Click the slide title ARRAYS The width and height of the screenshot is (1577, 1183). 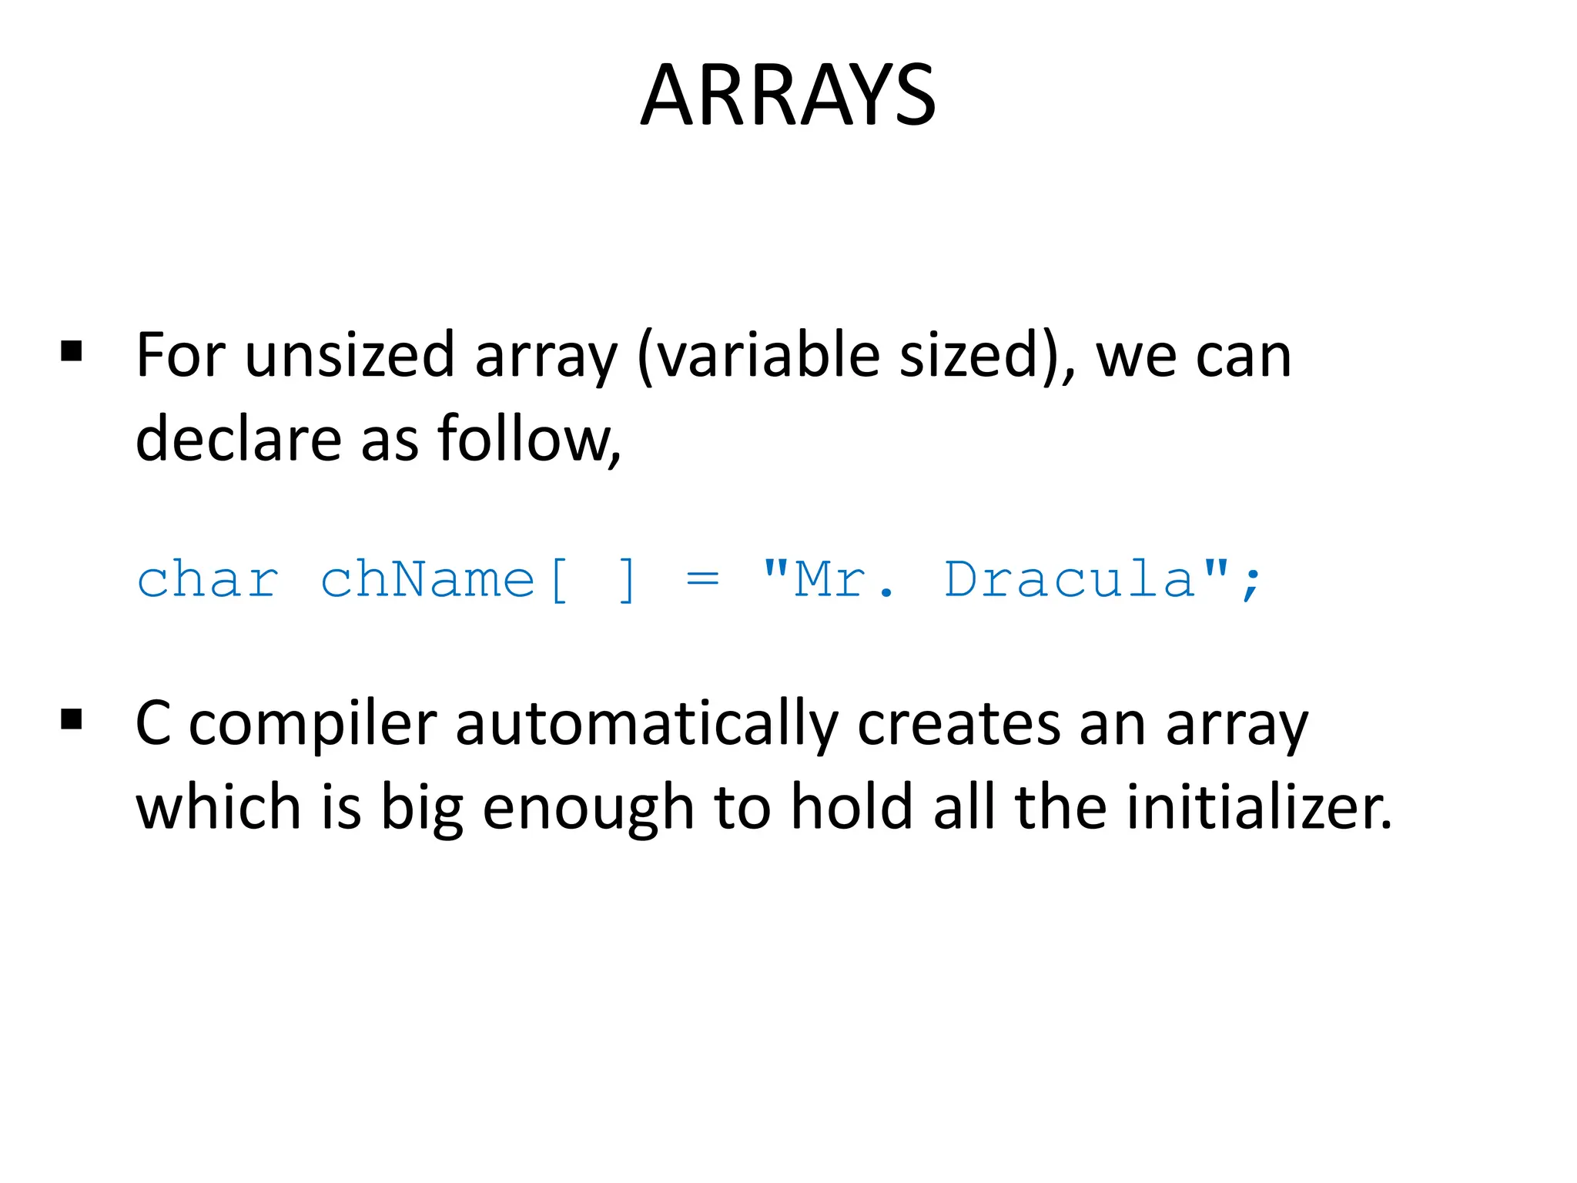point(788,96)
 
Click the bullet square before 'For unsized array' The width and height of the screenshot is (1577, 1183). point(72,352)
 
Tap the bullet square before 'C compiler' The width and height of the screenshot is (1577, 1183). point(72,721)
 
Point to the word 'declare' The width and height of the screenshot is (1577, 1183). point(238,439)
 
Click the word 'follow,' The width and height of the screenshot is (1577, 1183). point(529,439)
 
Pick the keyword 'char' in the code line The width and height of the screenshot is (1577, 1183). point(208,579)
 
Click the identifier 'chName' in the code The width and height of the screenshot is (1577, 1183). point(427,579)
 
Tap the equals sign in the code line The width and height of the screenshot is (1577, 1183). point(702,579)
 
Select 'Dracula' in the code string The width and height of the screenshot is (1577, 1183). point(1070,579)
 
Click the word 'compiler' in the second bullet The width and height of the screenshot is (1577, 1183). point(313,726)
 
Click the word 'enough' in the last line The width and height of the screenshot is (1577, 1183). point(588,809)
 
